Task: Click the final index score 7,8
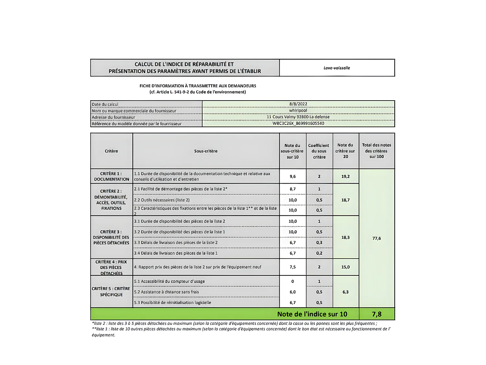pos(376,314)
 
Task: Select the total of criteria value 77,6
pos(376,238)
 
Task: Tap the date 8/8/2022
pos(298,104)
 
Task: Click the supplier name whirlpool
pos(298,111)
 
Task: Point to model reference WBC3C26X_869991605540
pos(298,123)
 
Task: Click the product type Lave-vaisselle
pos(337,68)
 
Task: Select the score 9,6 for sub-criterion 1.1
pos(293,176)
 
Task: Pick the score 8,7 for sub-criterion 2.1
pos(293,189)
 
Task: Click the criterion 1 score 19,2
pos(345,176)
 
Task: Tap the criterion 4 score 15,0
pos(345,267)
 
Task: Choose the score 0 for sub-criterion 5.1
pos(293,281)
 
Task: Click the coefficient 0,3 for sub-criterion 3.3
pos(319,243)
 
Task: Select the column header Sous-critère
pos(206,151)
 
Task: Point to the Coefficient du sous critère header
pos(319,151)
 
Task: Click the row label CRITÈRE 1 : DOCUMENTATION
pos(111,176)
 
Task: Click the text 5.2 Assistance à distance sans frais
pos(167,292)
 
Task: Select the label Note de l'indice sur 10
pos(312,314)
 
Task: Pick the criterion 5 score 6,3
pos(345,292)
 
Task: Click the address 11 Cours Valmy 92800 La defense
pos(298,117)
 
